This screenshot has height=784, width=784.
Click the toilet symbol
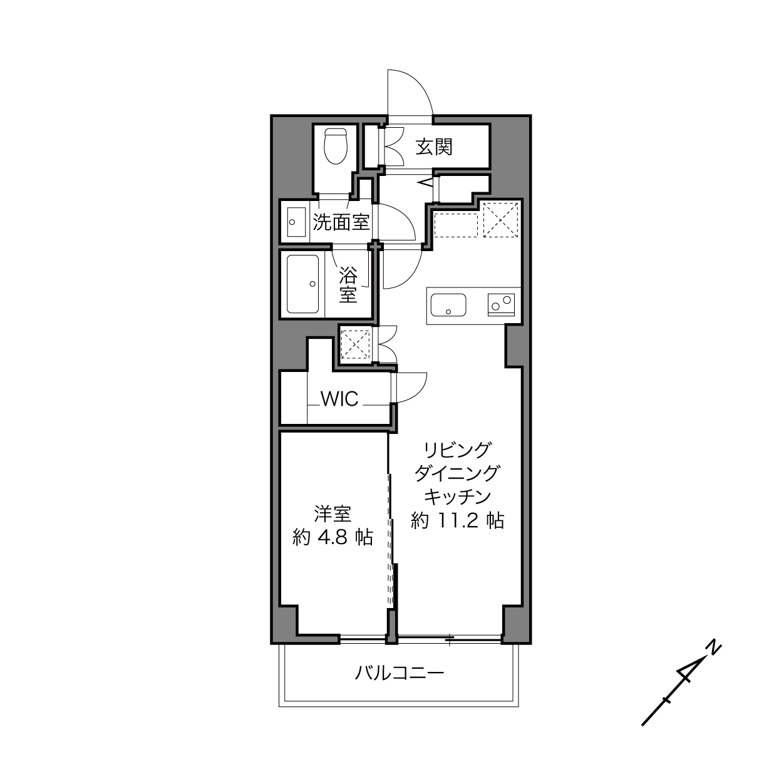coord(336,146)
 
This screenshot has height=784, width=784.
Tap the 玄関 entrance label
coord(434,147)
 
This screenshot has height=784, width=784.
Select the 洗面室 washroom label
coord(341,222)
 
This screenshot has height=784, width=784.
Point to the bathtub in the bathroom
coord(302,284)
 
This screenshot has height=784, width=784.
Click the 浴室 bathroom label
coord(348,284)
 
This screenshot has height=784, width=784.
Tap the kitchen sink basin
coord(448,305)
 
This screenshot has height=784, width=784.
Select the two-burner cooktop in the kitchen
coord(501,305)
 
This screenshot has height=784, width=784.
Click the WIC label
coord(340,399)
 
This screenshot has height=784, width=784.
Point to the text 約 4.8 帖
coord(333,537)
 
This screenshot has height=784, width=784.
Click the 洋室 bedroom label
coord(333,514)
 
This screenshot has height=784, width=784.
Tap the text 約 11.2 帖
coord(457,520)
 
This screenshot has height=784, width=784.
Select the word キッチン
coord(457,497)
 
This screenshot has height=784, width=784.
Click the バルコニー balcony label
coord(399,673)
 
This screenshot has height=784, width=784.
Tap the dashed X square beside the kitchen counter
coord(501,220)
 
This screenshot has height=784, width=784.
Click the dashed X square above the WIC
coord(356,344)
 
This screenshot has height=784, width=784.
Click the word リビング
coord(457,450)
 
